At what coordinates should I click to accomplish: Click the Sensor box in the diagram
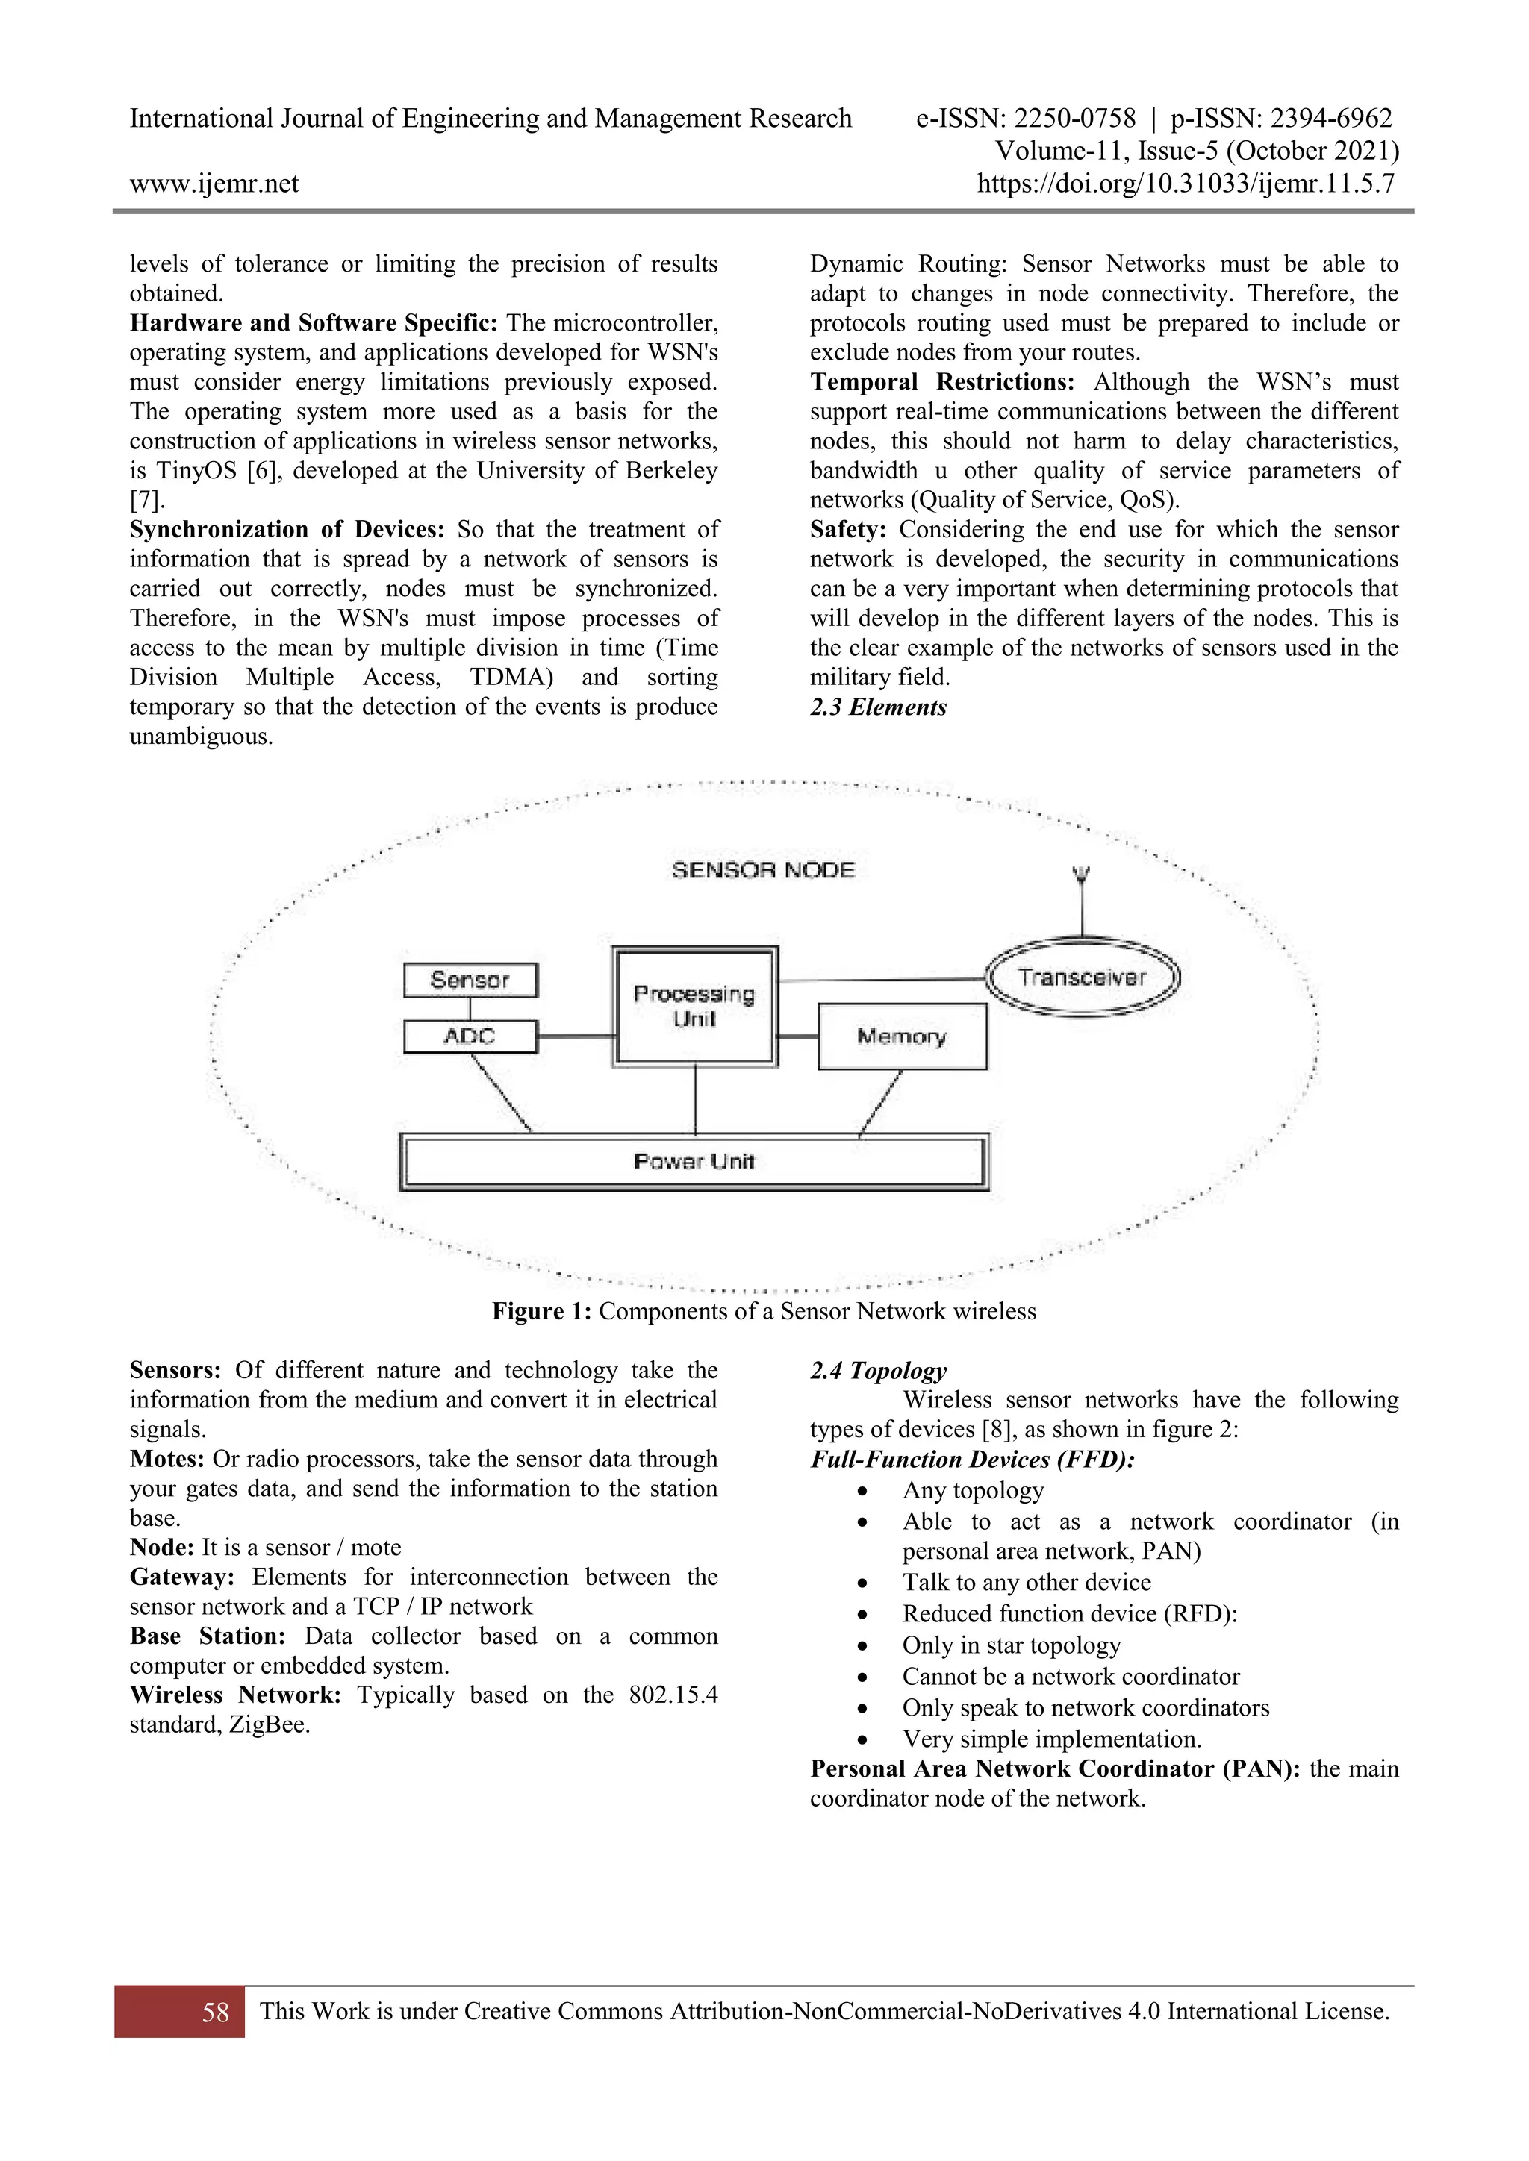click(470, 980)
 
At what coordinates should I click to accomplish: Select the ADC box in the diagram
click(470, 1036)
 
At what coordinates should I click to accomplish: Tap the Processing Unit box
click(695, 1006)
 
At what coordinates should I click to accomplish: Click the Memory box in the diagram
click(901, 1036)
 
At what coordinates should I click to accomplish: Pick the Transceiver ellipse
click(1082, 978)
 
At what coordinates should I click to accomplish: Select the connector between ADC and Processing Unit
click(576, 1036)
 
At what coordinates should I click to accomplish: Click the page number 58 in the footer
click(215, 2011)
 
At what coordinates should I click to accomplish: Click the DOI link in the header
click(1186, 184)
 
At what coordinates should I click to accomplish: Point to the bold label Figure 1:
click(541, 1311)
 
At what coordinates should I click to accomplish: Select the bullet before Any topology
click(862, 1492)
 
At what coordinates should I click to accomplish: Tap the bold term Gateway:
click(181, 1577)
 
